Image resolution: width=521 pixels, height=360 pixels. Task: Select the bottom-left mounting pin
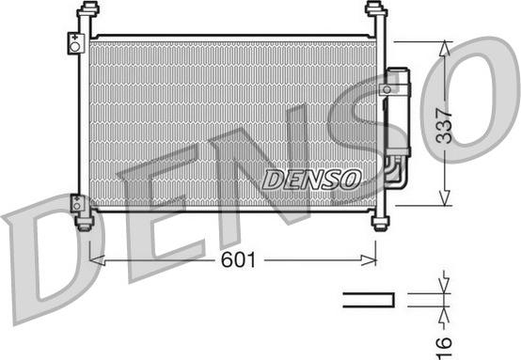[86, 219]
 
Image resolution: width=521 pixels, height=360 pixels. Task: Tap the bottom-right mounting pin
[380, 219]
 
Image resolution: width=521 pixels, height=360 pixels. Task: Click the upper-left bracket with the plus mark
[75, 43]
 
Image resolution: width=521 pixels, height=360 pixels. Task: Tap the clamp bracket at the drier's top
[387, 87]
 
